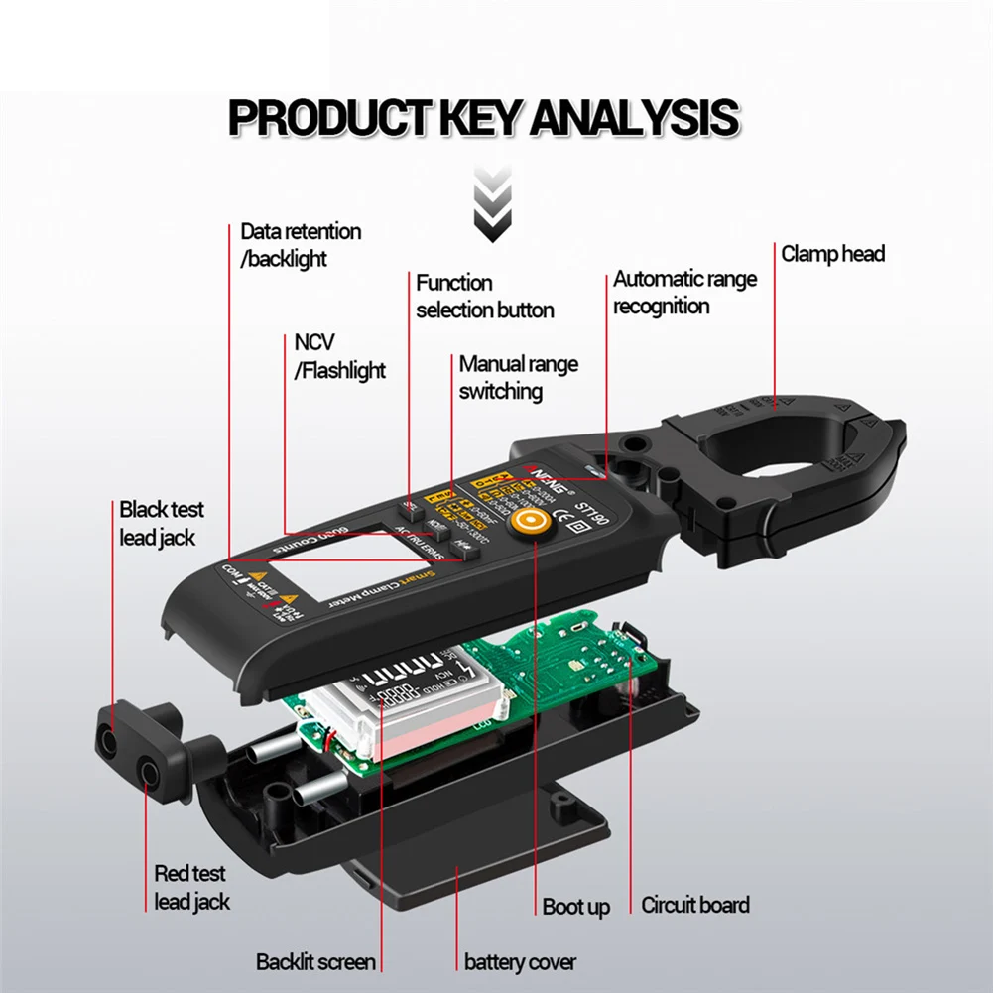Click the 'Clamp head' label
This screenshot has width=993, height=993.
point(832,254)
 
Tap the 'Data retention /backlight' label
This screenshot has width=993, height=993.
point(301,245)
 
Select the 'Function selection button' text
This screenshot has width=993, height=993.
point(484,297)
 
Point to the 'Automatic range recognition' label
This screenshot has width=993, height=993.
point(684,293)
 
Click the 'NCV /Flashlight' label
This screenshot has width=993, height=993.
point(339,357)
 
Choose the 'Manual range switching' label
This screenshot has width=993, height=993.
point(518,378)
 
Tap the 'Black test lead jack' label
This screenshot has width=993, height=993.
point(161,524)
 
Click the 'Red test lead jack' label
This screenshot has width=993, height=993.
point(191,888)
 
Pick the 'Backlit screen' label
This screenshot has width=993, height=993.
point(315,962)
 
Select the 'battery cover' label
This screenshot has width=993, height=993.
point(520,962)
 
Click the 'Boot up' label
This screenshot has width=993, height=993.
point(575,907)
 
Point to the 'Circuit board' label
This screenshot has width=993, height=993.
point(695,905)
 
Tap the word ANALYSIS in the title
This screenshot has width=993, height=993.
point(634,117)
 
